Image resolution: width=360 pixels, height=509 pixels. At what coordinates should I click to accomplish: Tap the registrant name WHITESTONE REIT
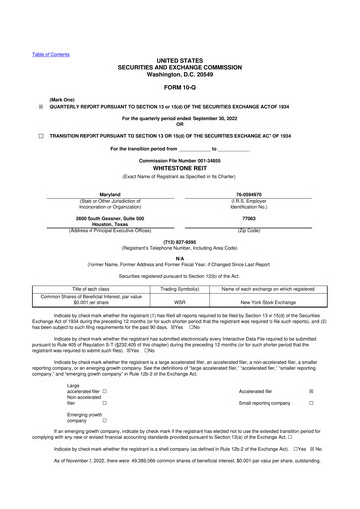(180, 168)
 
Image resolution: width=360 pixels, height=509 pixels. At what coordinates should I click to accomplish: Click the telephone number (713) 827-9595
(180, 240)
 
